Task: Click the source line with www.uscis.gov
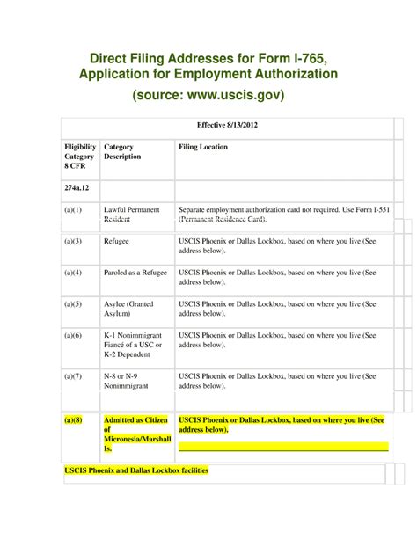click(208, 94)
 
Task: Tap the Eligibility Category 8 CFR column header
click(79, 157)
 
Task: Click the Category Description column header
click(122, 151)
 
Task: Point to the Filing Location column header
click(203, 147)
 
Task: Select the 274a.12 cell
click(77, 188)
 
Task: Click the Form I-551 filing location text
click(282, 215)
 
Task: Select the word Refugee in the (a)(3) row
click(118, 239)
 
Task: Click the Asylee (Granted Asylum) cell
click(128, 309)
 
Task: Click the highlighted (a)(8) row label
click(73, 420)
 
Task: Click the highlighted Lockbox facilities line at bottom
click(137, 471)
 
